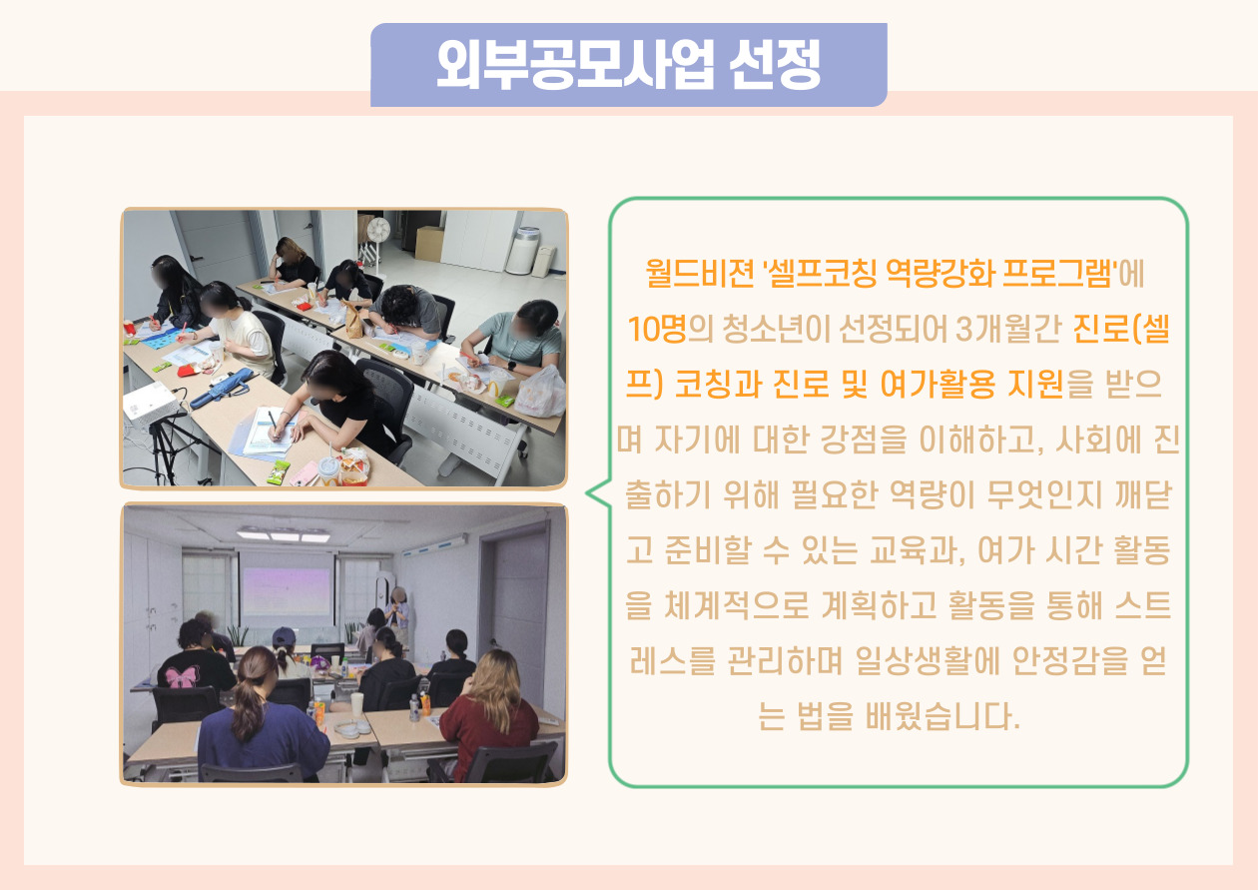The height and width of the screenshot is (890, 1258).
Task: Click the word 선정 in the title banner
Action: (x=775, y=64)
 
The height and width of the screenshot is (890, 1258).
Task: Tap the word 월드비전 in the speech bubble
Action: (x=700, y=274)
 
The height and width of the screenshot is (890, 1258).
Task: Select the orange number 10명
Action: (x=657, y=329)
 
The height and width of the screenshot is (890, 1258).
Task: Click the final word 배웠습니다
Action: (x=943, y=716)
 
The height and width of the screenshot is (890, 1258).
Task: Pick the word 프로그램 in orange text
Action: (x=1057, y=274)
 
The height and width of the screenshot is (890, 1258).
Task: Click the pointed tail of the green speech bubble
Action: (x=587, y=493)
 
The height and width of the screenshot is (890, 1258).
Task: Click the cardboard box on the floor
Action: (x=429, y=243)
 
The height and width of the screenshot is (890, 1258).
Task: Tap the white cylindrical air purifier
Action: (x=523, y=251)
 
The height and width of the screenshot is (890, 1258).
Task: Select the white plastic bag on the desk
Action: (x=540, y=393)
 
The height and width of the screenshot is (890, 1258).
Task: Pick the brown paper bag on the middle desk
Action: (x=352, y=320)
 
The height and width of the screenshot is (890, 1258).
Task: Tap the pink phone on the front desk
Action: (x=304, y=474)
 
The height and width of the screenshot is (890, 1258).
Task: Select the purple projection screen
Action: (x=287, y=591)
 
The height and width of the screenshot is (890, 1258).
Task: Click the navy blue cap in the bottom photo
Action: (x=285, y=636)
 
